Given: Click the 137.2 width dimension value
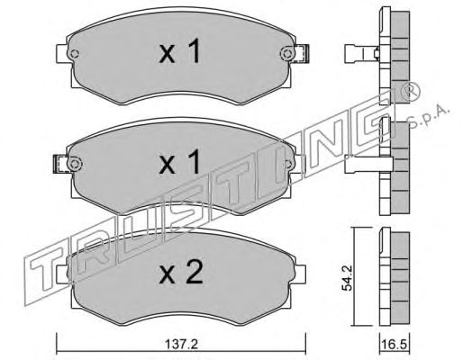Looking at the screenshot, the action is [x=181, y=344].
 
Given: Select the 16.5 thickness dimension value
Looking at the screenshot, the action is [x=395, y=344].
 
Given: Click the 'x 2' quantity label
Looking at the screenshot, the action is [x=181, y=272].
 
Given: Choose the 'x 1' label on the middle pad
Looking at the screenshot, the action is [x=179, y=162].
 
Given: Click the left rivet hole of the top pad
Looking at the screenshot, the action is [x=74, y=54].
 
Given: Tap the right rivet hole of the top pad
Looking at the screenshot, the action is [x=287, y=54].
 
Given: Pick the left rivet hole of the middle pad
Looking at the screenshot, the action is [x=75, y=164].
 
